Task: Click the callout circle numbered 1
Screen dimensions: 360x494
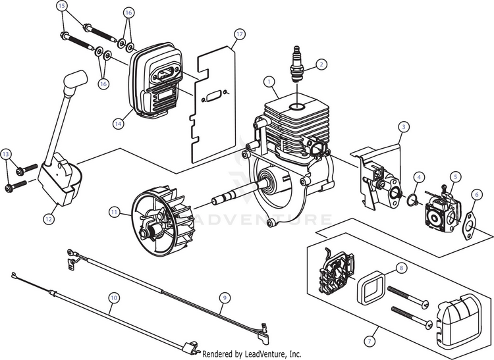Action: tap(269, 82)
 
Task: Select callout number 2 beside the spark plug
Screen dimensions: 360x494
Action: tap(321, 64)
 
